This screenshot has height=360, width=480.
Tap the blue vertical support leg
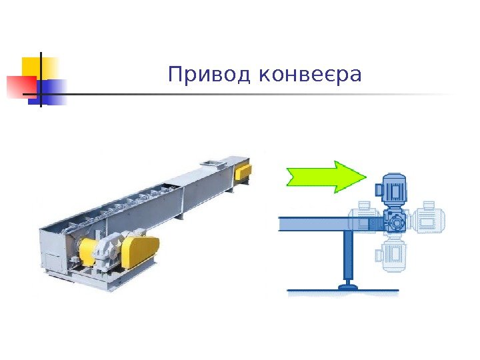pos(346,257)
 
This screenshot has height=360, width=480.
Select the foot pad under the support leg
pos(347,287)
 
